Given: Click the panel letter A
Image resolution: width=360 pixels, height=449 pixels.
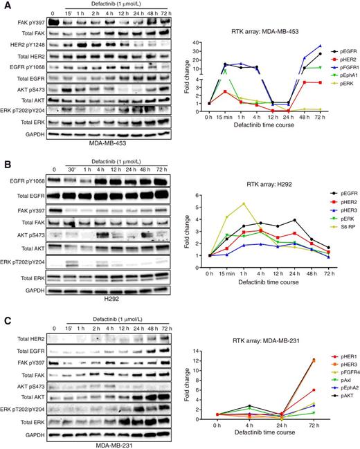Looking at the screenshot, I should pyautogui.click(x=6, y=5).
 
